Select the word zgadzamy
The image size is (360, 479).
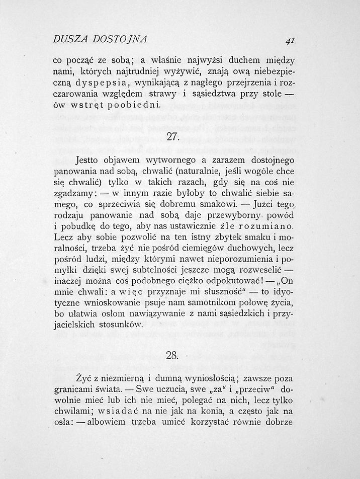pos(72,194)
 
